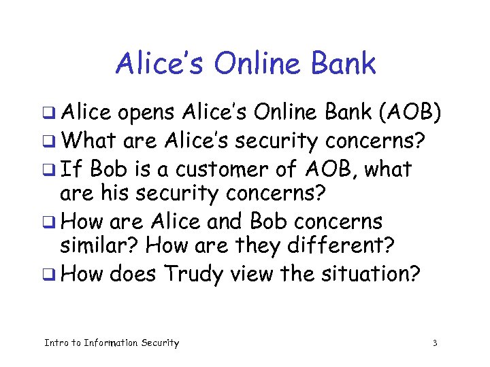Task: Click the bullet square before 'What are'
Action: click(48, 142)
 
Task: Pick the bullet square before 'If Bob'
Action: click(48, 169)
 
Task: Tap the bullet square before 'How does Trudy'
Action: click(48, 275)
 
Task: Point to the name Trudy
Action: click(194, 275)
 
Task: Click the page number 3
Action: click(434, 343)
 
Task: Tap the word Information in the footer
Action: click(110, 343)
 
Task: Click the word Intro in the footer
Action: click(56, 343)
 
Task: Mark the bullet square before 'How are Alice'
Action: click(48, 222)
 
